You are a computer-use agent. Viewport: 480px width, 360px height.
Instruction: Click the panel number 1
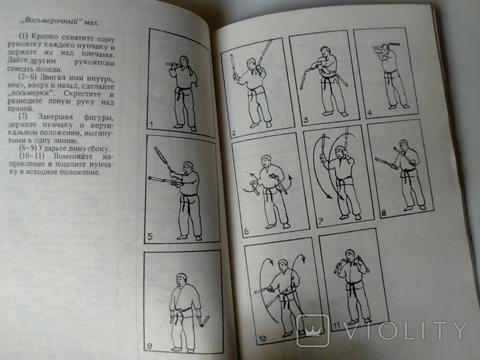click(150, 125)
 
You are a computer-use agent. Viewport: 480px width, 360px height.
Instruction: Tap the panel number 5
click(150, 237)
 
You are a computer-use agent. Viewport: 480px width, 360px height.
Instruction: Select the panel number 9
click(150, 346)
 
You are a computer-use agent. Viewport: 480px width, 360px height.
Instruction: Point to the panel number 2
click(234, 133)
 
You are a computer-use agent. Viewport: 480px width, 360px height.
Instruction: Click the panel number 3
click(305, 120)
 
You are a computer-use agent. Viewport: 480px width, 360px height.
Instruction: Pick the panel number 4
click(369, 114)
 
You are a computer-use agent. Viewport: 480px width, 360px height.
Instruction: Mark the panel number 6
click(247, 231)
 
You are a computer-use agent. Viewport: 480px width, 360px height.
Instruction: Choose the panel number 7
click(321, 222)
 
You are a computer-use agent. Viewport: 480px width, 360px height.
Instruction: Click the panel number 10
click(262, 339)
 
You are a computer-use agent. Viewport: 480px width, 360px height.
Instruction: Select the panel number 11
click(336, 326)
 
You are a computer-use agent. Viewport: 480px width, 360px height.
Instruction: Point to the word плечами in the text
click(99, 55)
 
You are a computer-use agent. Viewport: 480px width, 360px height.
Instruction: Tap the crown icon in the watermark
click(312, 331)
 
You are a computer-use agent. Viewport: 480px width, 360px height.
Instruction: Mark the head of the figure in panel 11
click(349, 255)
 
